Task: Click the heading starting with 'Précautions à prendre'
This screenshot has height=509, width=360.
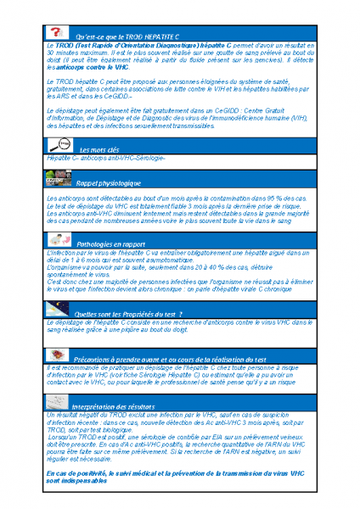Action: coord(170,360)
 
